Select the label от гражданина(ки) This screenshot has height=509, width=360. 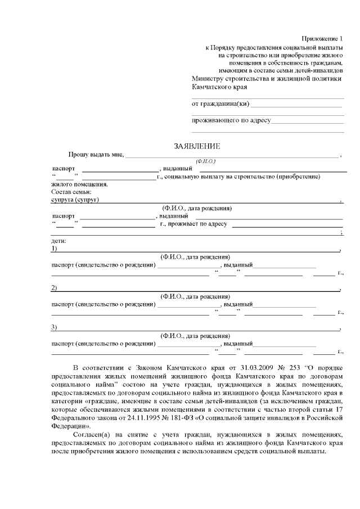click(220, 103)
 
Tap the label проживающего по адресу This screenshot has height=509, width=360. click(231, 120)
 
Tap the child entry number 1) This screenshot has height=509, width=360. click(54, 249)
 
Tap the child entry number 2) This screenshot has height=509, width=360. click(54, 289)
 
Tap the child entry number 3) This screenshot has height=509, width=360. click(54, 328)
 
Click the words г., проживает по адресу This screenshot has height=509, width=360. click(193, 224)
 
